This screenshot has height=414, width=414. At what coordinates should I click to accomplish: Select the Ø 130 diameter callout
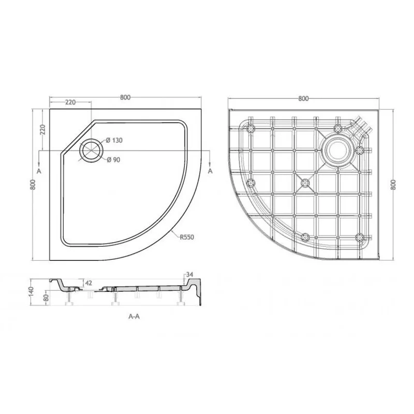[114, 141]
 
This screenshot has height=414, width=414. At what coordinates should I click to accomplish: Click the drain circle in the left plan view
[92, 150]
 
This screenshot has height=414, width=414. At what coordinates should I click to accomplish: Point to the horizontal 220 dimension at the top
[70, 102]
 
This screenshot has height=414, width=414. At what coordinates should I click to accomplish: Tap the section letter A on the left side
[39, 170]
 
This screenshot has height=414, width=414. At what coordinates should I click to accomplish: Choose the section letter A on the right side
[210, 170]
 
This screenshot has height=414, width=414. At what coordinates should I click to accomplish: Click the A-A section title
[134, 317]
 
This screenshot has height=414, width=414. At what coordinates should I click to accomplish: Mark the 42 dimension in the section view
[88, 283]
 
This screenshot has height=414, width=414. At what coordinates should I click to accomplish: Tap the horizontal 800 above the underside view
[304, 98]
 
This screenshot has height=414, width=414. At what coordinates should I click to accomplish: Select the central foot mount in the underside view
[305, 182]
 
